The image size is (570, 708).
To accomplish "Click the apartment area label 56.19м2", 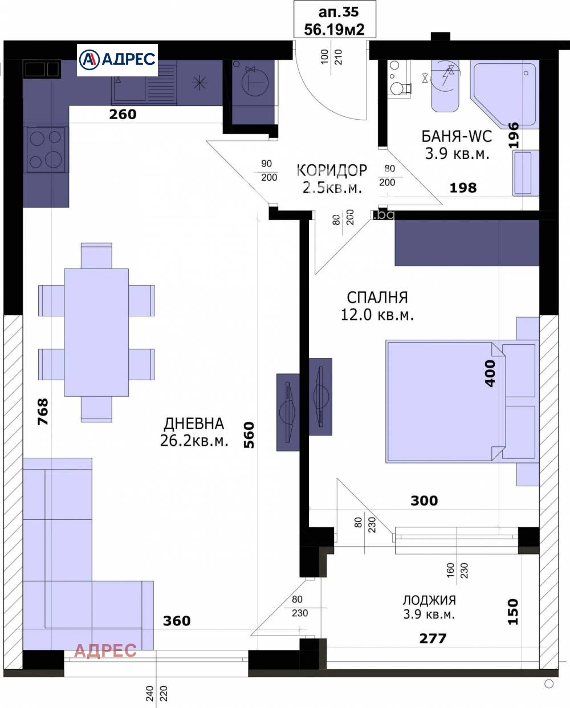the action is [x=334, y=30].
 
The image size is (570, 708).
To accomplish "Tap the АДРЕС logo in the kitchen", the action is [x=117, y=59].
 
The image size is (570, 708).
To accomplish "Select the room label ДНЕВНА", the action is [x=194, y=424].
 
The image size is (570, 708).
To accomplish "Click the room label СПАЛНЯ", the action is [x=377, y=298].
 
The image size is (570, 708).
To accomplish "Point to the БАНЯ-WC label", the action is [x=457, y=136].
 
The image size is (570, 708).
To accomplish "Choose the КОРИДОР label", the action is [x=332, y=170].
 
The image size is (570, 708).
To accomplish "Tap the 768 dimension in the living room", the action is [x=43, y=412].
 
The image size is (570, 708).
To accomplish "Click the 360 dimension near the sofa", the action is [x=177, y=621].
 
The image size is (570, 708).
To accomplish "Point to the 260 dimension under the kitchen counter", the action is [x=123, y=115].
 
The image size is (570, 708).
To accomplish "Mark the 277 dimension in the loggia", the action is [x=433, y=638].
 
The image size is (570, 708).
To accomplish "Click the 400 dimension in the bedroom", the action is [x=490, y=373].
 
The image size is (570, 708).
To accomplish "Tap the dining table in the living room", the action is [x=96, y=332].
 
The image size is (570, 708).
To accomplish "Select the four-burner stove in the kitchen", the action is [x=46, y=149].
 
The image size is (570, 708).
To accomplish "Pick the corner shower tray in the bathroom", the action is [x=504, y=93].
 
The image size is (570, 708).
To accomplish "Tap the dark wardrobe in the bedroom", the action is [x=467, y=243].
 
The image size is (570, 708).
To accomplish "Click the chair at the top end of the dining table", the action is [x=96, y=255].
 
